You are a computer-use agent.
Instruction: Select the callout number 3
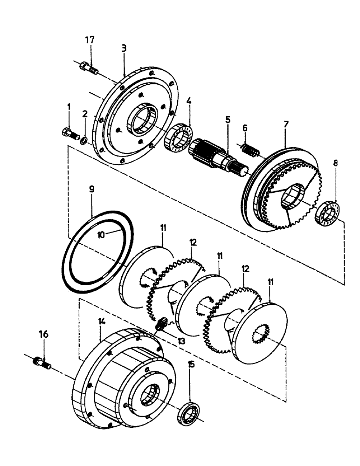tap(124, 48)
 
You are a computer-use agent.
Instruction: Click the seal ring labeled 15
tap(190, 412)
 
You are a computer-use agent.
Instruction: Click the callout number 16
tap(43, 334)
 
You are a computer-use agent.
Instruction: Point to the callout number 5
tap(228, 119)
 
